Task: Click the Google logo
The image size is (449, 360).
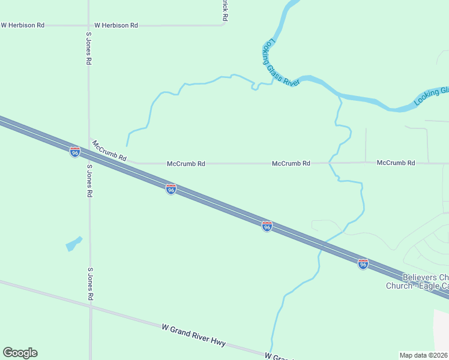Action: tap(20, 353)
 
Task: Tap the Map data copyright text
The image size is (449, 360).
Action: tap(424, 355)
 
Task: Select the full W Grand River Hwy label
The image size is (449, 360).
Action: tap(193, 335)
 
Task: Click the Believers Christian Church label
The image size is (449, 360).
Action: tap(420, 281)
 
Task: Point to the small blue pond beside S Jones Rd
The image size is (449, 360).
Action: tap(73, 244)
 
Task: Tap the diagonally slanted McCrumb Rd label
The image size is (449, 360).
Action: tap(109, 151)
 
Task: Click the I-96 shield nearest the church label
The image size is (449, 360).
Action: tap(363, 263)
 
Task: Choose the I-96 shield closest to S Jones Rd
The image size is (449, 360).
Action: tap(75, 152)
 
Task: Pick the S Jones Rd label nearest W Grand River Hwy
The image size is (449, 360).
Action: tap(91, 284)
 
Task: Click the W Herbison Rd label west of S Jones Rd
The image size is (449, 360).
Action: tap(23, 25)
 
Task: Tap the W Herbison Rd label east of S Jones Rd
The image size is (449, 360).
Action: tap(116, 25)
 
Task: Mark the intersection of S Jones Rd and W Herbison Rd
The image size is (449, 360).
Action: tap(88, 25)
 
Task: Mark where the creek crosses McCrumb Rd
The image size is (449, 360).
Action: tap(330, 163)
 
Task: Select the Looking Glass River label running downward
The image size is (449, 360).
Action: tap(280, 63)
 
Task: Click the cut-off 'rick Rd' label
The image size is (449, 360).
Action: tap(224, 11)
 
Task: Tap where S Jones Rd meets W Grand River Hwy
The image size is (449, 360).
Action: tap(91, 306)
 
